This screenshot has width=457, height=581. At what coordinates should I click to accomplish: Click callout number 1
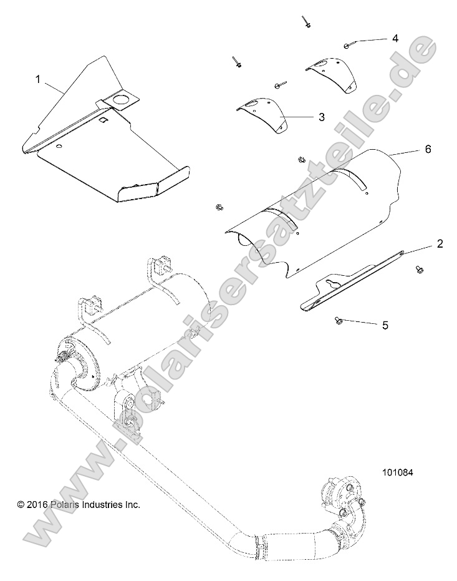click(38, 79)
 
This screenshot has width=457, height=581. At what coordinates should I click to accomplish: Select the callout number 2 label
click(440, 243)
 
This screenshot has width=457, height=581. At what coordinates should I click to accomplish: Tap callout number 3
click(321, 117)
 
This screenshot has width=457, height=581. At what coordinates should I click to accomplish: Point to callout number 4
click(395, 38)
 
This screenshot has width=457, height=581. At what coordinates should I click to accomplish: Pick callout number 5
click(385, 325)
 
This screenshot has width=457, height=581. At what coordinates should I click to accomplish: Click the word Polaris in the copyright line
click(60, 504)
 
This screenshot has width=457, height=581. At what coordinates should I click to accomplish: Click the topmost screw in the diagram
click(306, 22)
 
